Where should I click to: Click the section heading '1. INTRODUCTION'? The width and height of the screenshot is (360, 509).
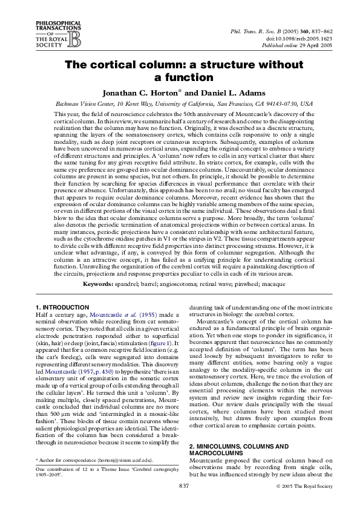tap(62, 308)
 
